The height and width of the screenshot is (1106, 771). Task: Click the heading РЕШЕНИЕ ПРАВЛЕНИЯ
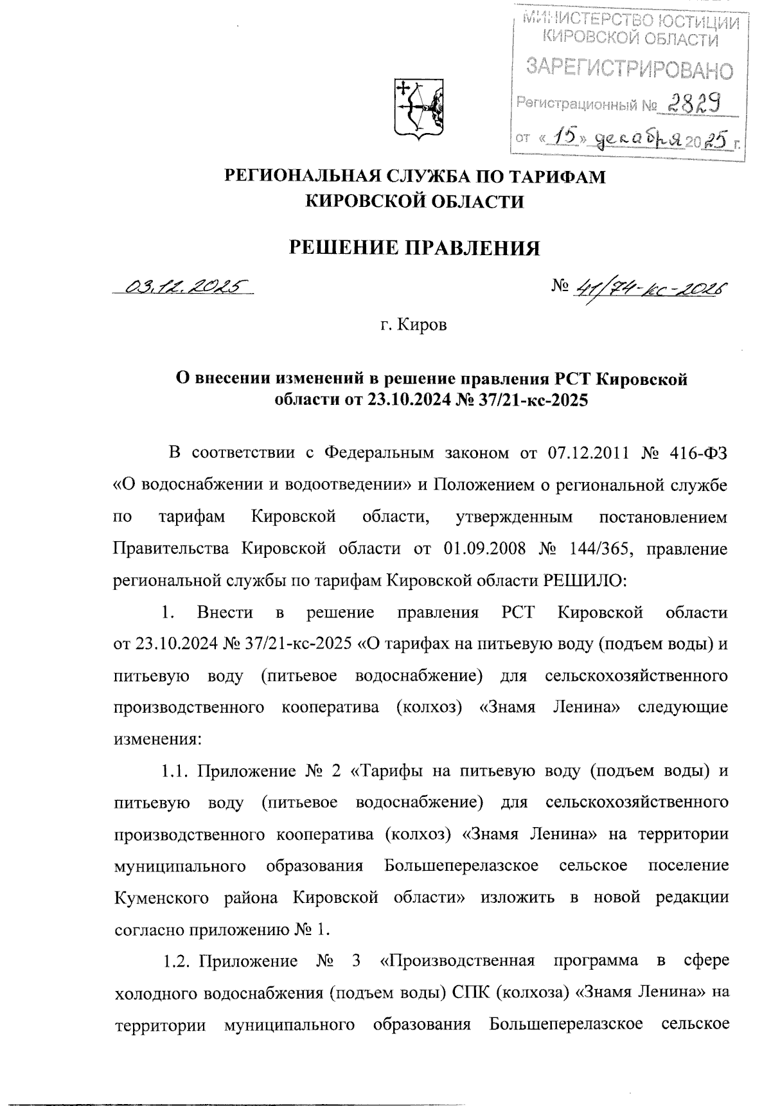[x=414, y=248]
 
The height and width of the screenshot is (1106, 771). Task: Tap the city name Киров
[x=422, y=326]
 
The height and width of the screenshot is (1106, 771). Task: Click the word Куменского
[x=161, y=897]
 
